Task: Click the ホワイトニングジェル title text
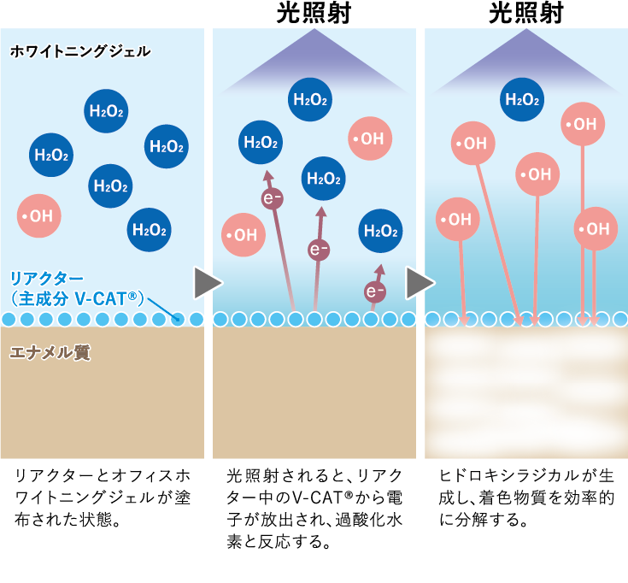[x=79, y=51]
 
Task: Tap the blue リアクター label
[x=47, y=278]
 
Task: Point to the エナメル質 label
[x=50, y=351]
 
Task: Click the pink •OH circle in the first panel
[x=38, y=216]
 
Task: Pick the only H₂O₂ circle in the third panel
[x=522, y=99]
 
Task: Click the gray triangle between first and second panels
[x=206, y=283]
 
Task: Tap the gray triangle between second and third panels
[x=418, y=283]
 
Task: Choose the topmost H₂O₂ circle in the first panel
[x=107, y=111]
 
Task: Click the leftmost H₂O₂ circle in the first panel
[x=50, y=155]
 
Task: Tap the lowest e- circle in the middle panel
[x=375, y=291]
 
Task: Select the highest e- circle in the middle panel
[x=272, y=198]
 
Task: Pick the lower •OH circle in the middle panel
[x=244, y=234]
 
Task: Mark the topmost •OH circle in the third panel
[x=583, y=124]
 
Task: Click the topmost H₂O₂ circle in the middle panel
[x=310, y=99]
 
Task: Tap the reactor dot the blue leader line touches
[x=178, y=319]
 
